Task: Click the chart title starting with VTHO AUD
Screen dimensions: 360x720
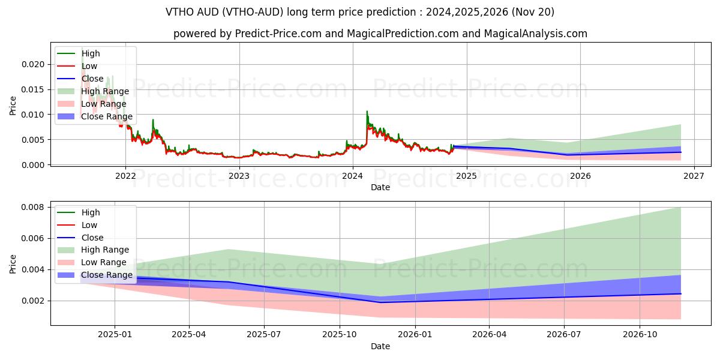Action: (360, 12)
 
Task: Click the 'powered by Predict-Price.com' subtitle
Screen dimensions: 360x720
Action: (380, 34)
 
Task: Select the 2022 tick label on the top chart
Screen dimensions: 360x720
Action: (125, 176)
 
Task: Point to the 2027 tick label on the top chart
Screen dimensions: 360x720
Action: (694, 176)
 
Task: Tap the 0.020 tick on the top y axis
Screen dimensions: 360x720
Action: (33, 64)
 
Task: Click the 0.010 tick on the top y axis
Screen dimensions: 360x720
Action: (33, 115)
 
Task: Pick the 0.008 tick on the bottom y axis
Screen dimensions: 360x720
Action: (33, 208)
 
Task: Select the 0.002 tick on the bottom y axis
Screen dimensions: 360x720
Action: (33, 301)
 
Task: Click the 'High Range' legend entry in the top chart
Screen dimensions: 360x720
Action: (105, 91)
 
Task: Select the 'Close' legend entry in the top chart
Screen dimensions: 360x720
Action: (92, 79)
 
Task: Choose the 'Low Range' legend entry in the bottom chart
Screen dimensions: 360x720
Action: (104, 262)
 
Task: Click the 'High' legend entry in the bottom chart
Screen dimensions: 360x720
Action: (91, 212)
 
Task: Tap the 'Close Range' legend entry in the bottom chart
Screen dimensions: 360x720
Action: (107, 275)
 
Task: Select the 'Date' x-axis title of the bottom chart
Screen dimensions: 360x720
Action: (380, 346)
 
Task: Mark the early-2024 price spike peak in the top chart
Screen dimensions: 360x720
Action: (367, 112)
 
